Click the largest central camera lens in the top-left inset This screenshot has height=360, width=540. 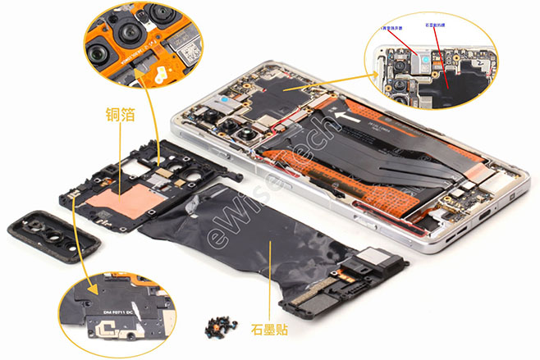(129, 34)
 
